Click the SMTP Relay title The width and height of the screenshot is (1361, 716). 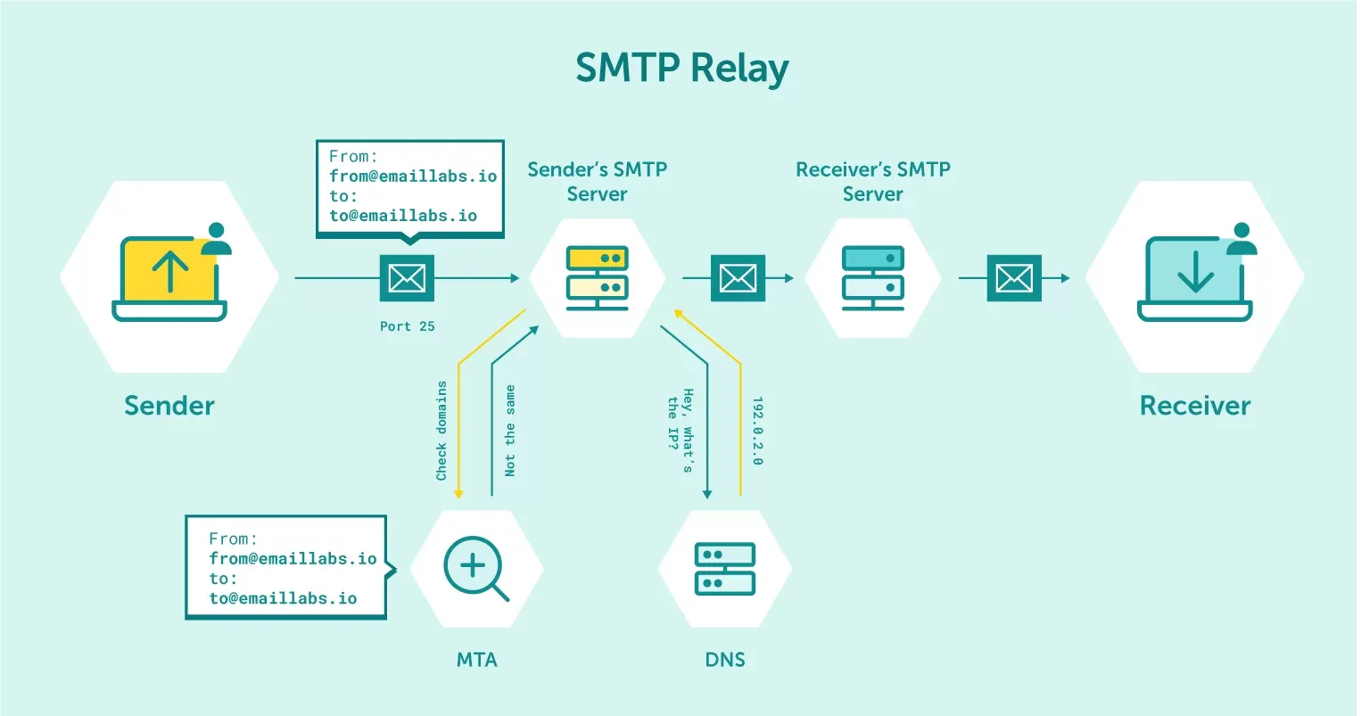pyautogui.click(x=681, y=69)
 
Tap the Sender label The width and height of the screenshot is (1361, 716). pyautogui.click(x=169, y=406)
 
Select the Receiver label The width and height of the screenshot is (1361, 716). pyautogui.click(x=1194, y=406)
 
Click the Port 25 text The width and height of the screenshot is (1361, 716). pyautogui.click(x=408, y=326)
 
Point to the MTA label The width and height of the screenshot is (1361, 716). pyautogui.click(x=476, y=660)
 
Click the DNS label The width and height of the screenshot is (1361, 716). pyautogui.click(x=725, y=660)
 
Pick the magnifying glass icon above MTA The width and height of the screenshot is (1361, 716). pyautogui.click(x=475, y=568)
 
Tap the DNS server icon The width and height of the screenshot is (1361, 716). pyautogui.click(x=725, y=569)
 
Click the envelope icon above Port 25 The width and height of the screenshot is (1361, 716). pyautogui.click(x=408, y=278)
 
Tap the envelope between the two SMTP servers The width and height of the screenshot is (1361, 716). pyautogui.click(x=738, y=278)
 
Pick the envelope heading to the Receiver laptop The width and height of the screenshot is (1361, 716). pyautogui.click(x=1014, y=278)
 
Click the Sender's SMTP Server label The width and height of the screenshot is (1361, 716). pyautogui.click(x=598, y=181)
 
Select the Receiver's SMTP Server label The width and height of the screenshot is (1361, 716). pyautogui.click(x=873, y=181)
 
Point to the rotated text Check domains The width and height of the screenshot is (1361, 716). pyautogui.click(x=441, y=431)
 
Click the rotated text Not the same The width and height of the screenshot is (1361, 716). pyautogui.click(x=510, y=431)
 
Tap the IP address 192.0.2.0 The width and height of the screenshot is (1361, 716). pyautogui.click(x=757, y=431)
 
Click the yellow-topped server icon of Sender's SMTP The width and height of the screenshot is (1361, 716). pyautogui.click(x=598, y=276)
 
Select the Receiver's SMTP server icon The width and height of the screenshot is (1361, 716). pyautogui.click(x=873, y=276)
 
